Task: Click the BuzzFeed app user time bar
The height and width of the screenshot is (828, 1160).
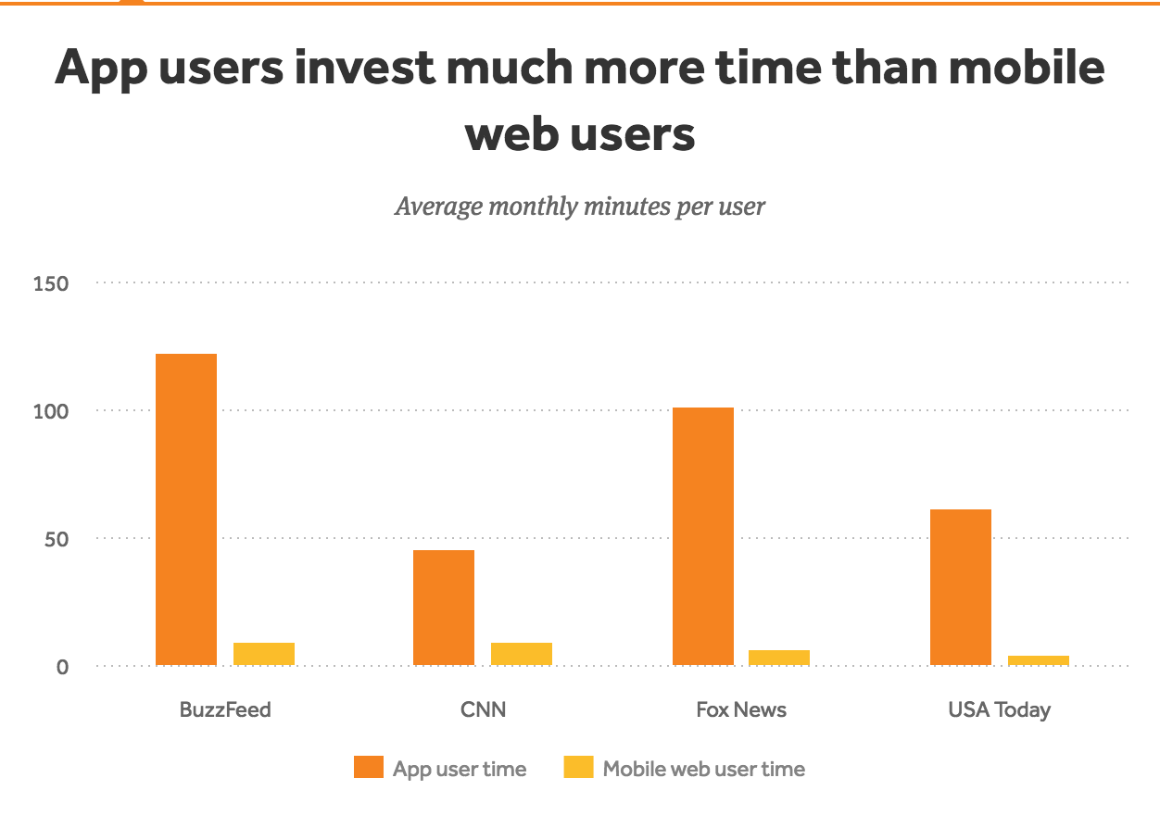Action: [186, 509]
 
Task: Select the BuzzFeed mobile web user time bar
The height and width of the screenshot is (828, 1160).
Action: [264, 654]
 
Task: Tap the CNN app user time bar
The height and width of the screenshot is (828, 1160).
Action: [444, 608]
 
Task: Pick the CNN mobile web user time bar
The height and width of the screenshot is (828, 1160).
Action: [522, 654]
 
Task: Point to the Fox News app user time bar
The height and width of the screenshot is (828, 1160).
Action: [703, 536]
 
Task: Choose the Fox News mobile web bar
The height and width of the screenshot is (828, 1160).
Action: [779, 658]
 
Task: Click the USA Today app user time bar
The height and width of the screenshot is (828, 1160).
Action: [961, 587]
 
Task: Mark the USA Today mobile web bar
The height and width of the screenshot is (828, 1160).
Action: [1039, 660]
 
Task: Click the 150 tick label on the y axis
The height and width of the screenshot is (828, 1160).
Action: [51, 283]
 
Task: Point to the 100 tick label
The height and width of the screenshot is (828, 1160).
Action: [51, 411]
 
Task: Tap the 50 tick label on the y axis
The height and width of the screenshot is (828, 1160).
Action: [57, 540]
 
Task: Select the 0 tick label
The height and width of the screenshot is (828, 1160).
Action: [62, 667]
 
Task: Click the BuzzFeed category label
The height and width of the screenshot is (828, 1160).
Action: [225, 710]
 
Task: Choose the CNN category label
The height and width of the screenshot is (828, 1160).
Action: [483, 710]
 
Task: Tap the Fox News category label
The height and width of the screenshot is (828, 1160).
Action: [741, 710]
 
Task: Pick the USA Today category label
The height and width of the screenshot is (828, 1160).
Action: [1000, 710]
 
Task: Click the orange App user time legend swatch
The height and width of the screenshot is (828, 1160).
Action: [369, 767]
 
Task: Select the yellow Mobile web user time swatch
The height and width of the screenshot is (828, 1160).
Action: [578, 767]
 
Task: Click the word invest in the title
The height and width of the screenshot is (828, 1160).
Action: [364, 68]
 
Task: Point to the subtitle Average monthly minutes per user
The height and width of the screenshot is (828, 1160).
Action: [580, 207]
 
